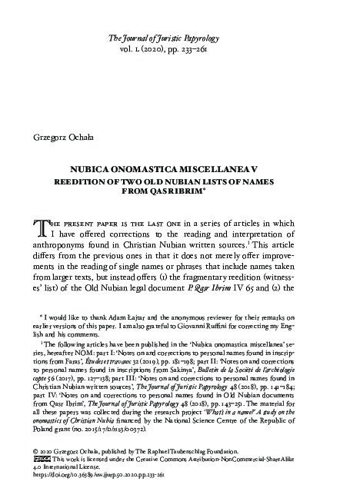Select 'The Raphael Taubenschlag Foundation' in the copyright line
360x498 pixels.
point(198,466)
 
